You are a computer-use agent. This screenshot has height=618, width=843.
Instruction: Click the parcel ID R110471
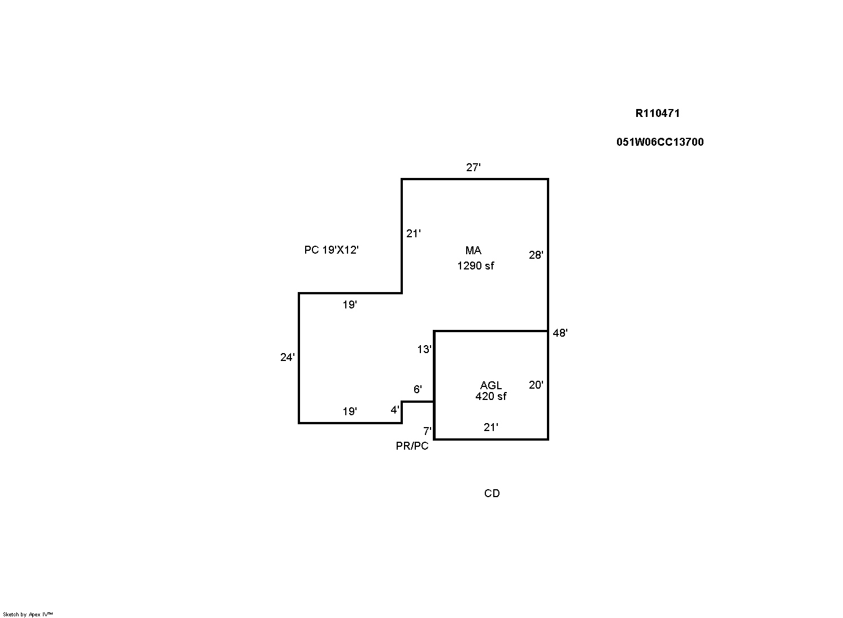(658, 114)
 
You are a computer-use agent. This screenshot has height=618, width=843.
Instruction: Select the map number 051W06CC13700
(660, 142)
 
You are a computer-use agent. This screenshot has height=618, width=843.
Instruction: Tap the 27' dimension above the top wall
(473, 167)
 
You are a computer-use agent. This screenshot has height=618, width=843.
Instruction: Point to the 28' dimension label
(536, 255)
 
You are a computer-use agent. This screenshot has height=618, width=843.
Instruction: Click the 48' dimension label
(560, 333)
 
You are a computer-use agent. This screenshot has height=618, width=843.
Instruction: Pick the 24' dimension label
(287, 357)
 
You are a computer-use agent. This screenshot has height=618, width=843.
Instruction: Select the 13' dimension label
(424, 349)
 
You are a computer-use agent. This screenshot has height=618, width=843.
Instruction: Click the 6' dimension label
(418, 389)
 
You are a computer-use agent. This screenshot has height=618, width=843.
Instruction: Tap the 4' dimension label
(395, 410)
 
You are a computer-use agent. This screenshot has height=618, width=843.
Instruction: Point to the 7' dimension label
(427, 431)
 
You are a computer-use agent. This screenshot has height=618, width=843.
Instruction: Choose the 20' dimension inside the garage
(536, 385)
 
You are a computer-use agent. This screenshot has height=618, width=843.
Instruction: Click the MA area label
(473, 250)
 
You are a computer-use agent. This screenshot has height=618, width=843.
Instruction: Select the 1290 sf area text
(475, 266)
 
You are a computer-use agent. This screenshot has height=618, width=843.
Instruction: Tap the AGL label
(491, 385)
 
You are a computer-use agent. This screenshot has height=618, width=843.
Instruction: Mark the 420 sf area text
(491, 396)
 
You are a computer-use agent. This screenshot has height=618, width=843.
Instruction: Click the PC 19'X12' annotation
(331, 250)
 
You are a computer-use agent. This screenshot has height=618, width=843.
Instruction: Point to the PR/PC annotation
(412, 446)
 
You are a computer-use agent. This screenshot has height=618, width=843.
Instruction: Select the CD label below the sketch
(492, 493)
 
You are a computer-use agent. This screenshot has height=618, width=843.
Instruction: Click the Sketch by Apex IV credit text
(28, 614)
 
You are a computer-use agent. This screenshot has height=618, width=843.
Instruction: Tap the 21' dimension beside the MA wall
(413, 234)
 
